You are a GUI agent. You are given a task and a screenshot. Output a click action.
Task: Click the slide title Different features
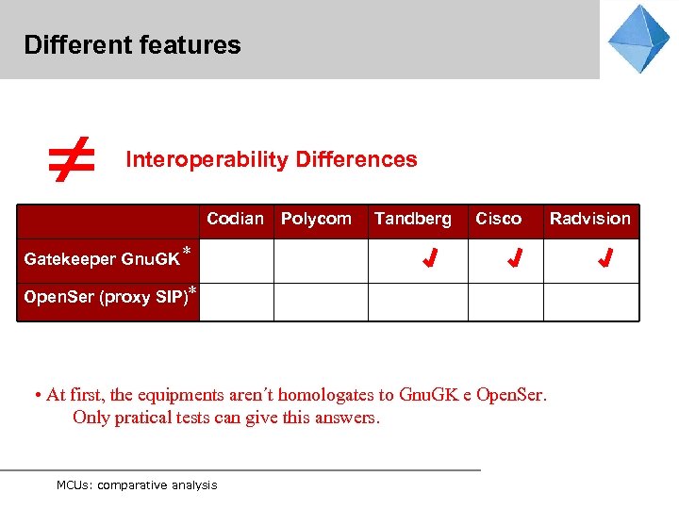(x=132, y=44)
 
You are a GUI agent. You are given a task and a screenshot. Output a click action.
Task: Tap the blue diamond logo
(x=638, y=39)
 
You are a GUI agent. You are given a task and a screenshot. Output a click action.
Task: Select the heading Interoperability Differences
(x=272, y=159)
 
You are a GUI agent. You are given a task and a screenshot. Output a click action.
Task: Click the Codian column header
(x=235, y=219)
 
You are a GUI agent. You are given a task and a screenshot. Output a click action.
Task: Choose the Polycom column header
(x=316, y=219)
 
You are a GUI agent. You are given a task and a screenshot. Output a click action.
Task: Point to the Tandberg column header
(x=412, y=219)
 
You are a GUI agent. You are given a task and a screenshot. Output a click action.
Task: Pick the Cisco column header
(x=498, y=219)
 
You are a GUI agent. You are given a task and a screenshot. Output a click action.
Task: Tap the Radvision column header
(x=590, y=219)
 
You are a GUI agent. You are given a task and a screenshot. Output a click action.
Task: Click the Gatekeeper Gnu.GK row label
(x=102, y=259)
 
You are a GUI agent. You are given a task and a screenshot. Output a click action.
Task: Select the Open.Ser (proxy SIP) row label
(x=106, y=297)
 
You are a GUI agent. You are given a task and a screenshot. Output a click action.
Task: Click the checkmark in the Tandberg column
(x=429, y=258)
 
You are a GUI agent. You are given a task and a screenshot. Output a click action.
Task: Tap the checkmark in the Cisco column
(x=514, y=258)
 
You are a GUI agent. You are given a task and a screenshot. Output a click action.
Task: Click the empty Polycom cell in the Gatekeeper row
(x=320, y=261)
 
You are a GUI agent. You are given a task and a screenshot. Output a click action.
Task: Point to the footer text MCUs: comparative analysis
(x=137, y=484)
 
